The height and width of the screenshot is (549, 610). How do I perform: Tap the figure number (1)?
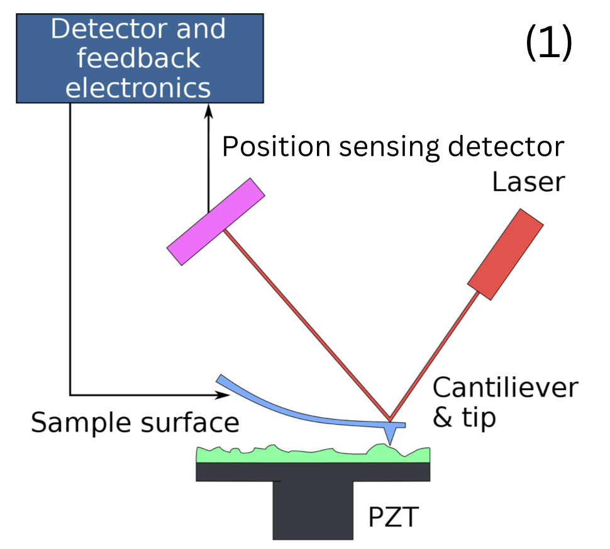[x=548, y=44]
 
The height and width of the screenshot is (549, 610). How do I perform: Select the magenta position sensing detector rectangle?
[x=215, y=221]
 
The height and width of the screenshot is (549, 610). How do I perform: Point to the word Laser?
[x=528, y=183]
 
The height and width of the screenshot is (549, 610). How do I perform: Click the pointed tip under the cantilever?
[x=392, y=434]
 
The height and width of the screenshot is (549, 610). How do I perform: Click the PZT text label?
[x=393, y=519]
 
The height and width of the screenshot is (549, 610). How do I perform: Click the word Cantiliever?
[x=504, y=388]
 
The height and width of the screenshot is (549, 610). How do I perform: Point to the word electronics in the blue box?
[x=138, y=87]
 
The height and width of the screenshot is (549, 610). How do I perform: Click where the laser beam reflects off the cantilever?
[x=389, y=420]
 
